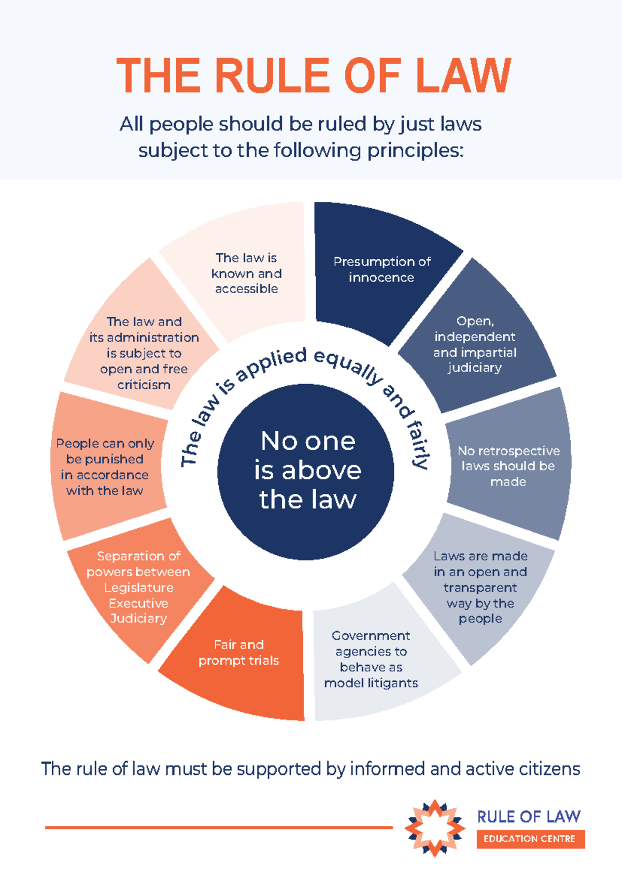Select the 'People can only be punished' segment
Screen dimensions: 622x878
pos(106,466)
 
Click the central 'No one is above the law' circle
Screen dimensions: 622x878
pos(306,472)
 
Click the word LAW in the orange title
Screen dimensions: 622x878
pos(463,75)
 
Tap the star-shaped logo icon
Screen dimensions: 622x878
pos(435,828)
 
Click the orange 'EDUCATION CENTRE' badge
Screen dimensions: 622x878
pos(531,839)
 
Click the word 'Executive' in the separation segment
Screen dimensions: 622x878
pos(138,603)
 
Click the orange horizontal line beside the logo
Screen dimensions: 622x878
pos(219,828)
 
